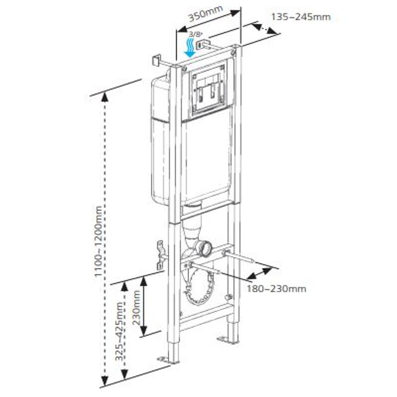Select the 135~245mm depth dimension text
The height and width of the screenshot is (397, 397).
point(301,17)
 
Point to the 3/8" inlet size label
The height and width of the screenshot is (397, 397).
point(197,34)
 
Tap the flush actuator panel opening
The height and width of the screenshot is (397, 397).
point(207,91)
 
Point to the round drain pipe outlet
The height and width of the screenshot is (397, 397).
point(205,248)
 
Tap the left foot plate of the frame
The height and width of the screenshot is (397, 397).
point(167,359)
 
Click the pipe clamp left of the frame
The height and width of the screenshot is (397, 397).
point(160,254)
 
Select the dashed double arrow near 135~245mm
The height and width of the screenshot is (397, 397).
point(264,28)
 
